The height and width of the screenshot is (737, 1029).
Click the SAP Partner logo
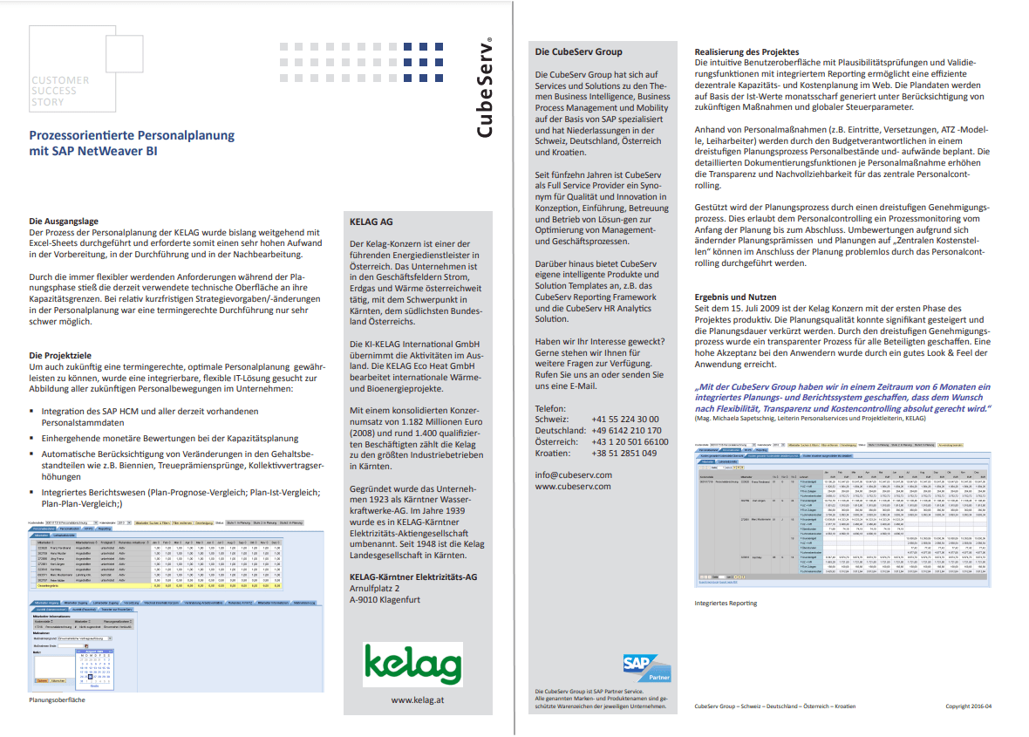(x=646, y=669)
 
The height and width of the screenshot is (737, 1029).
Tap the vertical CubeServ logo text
(x=487, y=87)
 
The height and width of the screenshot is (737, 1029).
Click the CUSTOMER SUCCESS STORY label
(x=60, y=91)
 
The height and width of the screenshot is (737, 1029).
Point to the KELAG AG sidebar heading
(x=371, y=222)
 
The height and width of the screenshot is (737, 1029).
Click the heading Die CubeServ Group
(x=579, y=51)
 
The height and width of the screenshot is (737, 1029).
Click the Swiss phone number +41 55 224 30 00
(x=625, y=420)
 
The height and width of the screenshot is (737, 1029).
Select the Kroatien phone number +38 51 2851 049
(x=624, y=453)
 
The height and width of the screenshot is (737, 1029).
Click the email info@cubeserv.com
(x=574, y=474)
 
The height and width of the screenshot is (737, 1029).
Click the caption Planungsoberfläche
(x=59, y=699)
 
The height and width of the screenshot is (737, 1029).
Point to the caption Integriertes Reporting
(x=726, y=603)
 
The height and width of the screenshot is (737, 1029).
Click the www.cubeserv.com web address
(x=574, y=486)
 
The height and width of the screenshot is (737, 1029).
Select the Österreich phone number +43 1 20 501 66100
(x=630, y=441)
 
